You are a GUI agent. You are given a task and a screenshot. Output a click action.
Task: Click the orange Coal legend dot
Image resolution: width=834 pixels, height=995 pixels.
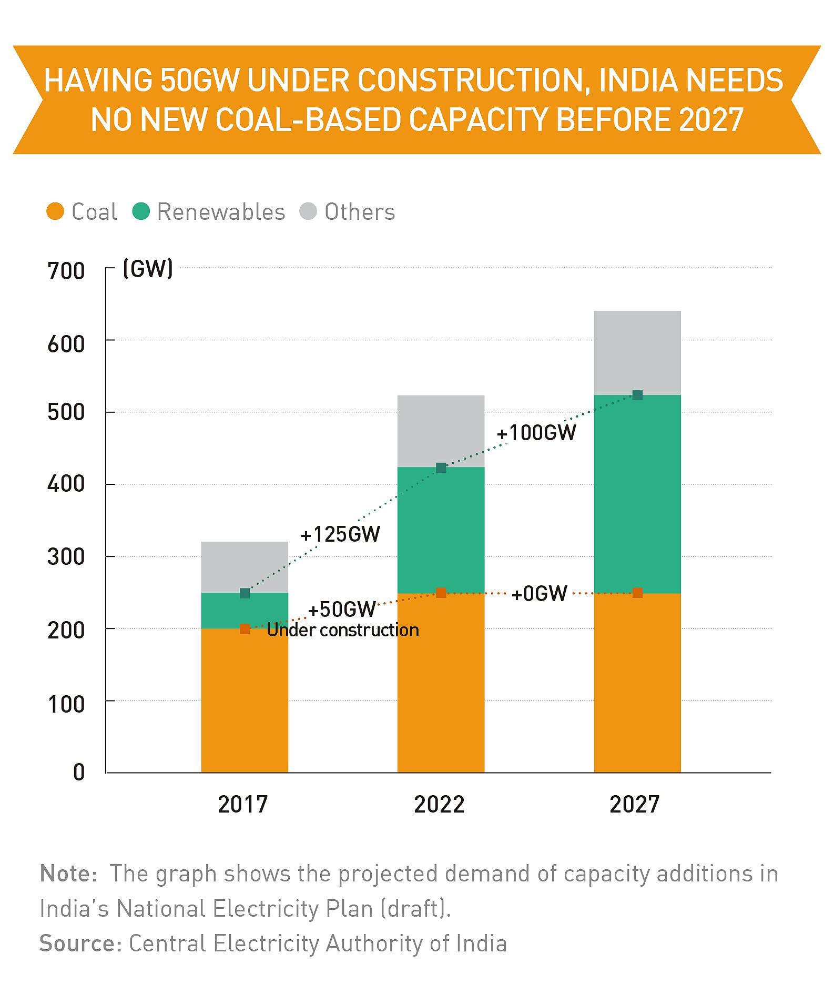point(55,212)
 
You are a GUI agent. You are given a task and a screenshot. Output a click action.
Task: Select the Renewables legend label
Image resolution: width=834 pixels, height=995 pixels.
point(221,212)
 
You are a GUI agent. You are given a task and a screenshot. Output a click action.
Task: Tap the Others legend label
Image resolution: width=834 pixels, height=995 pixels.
point(360,212)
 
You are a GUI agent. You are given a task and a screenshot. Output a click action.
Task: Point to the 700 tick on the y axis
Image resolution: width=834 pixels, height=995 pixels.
point(66,271)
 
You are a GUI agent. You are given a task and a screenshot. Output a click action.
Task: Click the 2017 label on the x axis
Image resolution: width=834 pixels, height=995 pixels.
point(243,804)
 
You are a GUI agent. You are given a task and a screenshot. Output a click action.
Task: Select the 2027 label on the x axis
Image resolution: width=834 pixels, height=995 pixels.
point(635,804)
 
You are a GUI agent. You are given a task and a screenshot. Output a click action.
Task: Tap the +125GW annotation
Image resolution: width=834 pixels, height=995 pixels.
point(340,535)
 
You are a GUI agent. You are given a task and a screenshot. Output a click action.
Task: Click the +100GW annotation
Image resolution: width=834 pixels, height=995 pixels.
point(536,433)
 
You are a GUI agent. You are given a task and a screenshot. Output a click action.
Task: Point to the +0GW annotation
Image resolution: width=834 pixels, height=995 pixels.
point(540,594)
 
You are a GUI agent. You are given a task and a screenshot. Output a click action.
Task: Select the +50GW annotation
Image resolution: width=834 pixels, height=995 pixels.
point(342,610)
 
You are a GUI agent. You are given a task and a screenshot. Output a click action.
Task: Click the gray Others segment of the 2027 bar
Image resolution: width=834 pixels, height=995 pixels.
point(637,353)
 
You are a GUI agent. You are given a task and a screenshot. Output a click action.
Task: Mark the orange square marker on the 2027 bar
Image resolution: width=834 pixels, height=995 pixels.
point(637,593)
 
